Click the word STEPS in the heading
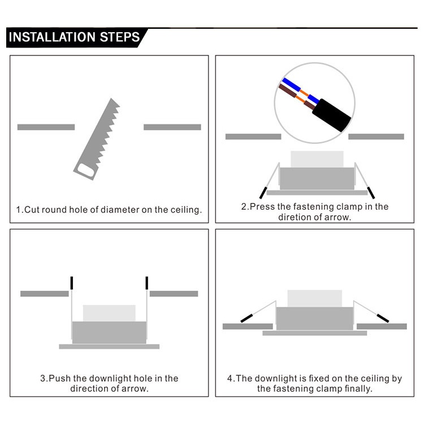(119, 38)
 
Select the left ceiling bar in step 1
(46, 127)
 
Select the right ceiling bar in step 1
(172, 127)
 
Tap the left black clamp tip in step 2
(263, 191)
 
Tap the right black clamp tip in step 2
(371, 192)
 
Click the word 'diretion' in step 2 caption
(295, 217)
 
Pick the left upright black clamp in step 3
(71, 282)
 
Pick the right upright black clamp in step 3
(146, 282)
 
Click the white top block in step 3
(109, 313)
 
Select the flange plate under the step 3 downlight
(109, 346)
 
